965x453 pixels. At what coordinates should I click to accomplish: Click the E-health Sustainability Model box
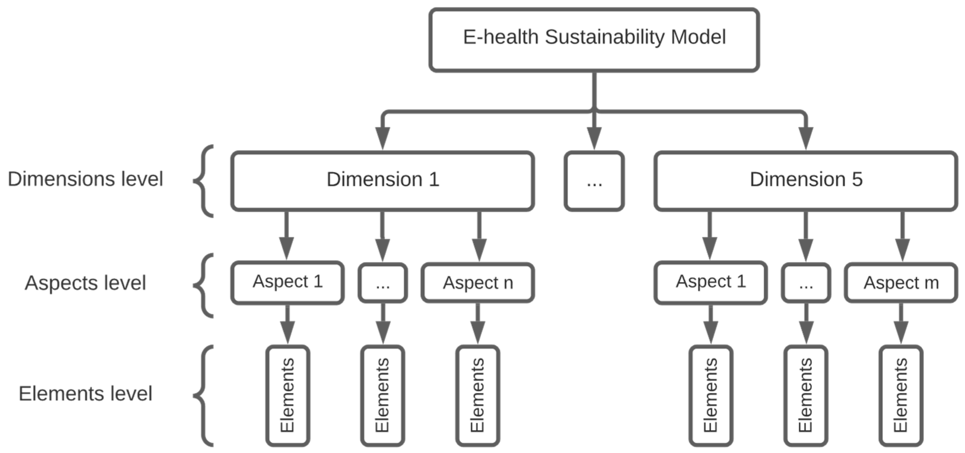[x=594, y=40]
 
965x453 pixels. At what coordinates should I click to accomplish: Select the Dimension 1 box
[x=382, y=181]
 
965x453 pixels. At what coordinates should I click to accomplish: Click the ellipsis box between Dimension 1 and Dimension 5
[x=594, y=181]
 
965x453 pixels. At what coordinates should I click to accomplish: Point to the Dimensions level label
[x=85, y=179]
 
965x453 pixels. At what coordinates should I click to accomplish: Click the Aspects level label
[x=85, y=283]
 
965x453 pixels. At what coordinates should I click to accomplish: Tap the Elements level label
[x=85, y=393]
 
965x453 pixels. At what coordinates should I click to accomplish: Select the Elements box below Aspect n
[x=478, y=396]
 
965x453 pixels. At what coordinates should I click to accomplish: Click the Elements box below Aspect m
[x=901, y=396]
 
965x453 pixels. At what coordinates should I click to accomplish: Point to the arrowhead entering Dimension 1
[x=382, y=138]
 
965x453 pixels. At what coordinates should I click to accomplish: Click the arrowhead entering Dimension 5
[x=806, y=138]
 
